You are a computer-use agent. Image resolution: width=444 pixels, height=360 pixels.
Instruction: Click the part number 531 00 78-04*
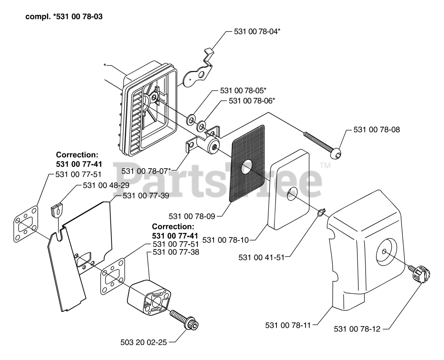[x=257, y=32]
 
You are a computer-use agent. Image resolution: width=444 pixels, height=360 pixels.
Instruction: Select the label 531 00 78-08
[x=376, y=130]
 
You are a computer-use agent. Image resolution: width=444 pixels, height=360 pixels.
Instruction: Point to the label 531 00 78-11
[x=288, y=325]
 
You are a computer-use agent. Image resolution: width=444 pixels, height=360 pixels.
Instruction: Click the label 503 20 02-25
[x=144, y=342]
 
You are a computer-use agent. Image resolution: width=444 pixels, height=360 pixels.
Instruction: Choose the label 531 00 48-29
[x=106, y=185]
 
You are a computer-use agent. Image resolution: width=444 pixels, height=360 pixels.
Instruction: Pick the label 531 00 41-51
[x=262, y=257]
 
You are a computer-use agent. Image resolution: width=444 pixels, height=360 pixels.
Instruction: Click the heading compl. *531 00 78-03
[x=64, y=16]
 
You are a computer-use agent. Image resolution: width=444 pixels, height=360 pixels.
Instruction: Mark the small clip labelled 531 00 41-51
[x=321, y=211]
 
